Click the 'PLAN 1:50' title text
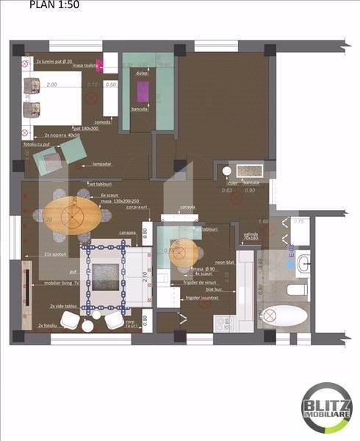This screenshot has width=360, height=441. (x=55, y=5)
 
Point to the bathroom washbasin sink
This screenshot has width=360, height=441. (x=303, y=261)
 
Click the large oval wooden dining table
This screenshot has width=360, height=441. (x=73, y=214)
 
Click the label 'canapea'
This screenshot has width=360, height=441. (x=128, y=234)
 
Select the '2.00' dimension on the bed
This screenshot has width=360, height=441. (x=51, y=85)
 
